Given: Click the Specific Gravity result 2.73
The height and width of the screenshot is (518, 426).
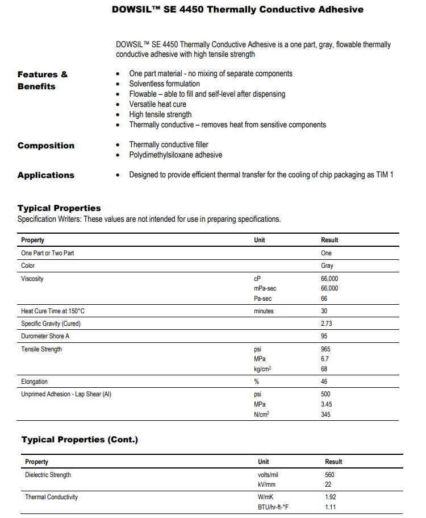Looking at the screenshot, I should (327, 324).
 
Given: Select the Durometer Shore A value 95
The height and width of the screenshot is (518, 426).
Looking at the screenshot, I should (325, 336).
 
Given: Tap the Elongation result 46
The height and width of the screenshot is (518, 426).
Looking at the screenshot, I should (324, 382).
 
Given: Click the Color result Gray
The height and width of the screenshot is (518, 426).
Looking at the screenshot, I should (327, 266).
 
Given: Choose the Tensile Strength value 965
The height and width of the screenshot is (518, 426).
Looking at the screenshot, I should (326, 349).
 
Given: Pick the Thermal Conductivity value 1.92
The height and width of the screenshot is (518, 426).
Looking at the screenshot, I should (330, 497).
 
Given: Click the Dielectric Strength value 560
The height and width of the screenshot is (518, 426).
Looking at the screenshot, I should (329, 475).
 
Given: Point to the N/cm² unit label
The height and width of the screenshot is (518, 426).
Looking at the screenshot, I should (261, 415).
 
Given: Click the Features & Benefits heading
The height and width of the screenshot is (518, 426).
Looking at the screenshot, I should (43, 80).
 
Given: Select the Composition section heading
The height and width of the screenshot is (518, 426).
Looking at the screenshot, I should (46, 146).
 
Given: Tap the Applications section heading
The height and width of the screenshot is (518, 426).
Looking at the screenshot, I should (46, 175).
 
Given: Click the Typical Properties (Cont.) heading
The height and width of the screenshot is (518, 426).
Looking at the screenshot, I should (80, 440).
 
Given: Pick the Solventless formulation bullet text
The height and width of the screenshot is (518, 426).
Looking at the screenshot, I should (164, 84).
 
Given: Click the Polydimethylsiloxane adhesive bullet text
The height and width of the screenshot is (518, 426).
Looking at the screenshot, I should (176, 155).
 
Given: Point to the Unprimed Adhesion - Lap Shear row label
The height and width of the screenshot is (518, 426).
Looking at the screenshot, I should (66, 394).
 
